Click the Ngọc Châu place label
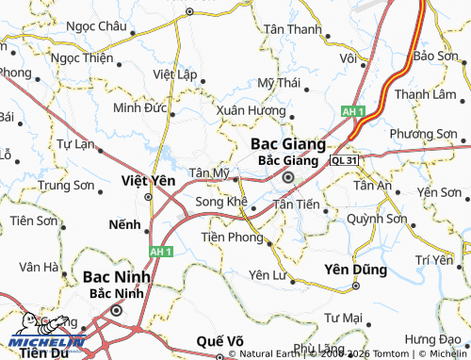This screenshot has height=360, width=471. [94, 26]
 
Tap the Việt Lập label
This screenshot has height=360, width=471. [174, 73]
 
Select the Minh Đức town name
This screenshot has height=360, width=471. [138, 107]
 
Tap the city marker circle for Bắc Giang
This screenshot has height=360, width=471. [289, 176]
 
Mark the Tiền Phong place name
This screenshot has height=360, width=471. [232, 237]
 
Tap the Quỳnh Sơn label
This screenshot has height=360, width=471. [376, 219]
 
